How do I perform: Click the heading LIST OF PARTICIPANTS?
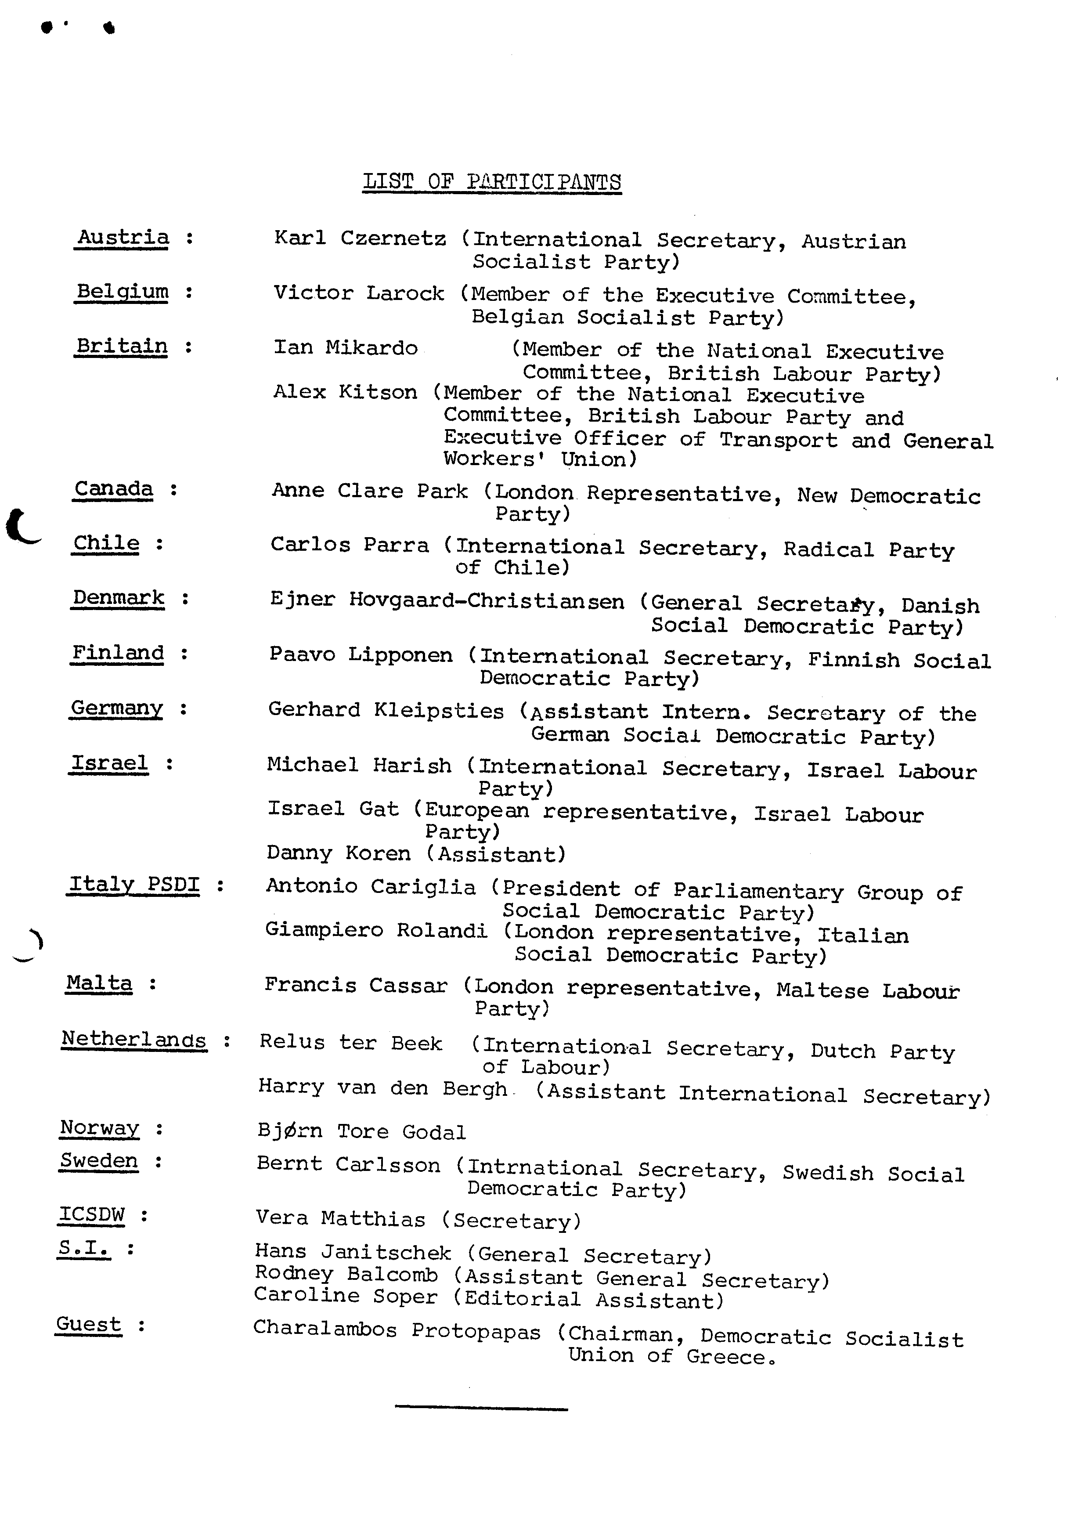coord(492,182)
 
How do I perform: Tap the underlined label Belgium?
coord(122,292)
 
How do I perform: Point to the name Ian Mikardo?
coord(345,347)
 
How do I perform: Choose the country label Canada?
coord(113,489)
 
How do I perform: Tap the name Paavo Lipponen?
coord(361,654)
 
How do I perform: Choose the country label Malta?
coord(99,983)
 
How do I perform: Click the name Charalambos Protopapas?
coord(397,1330)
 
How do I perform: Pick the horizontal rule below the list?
coord(481,1408)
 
